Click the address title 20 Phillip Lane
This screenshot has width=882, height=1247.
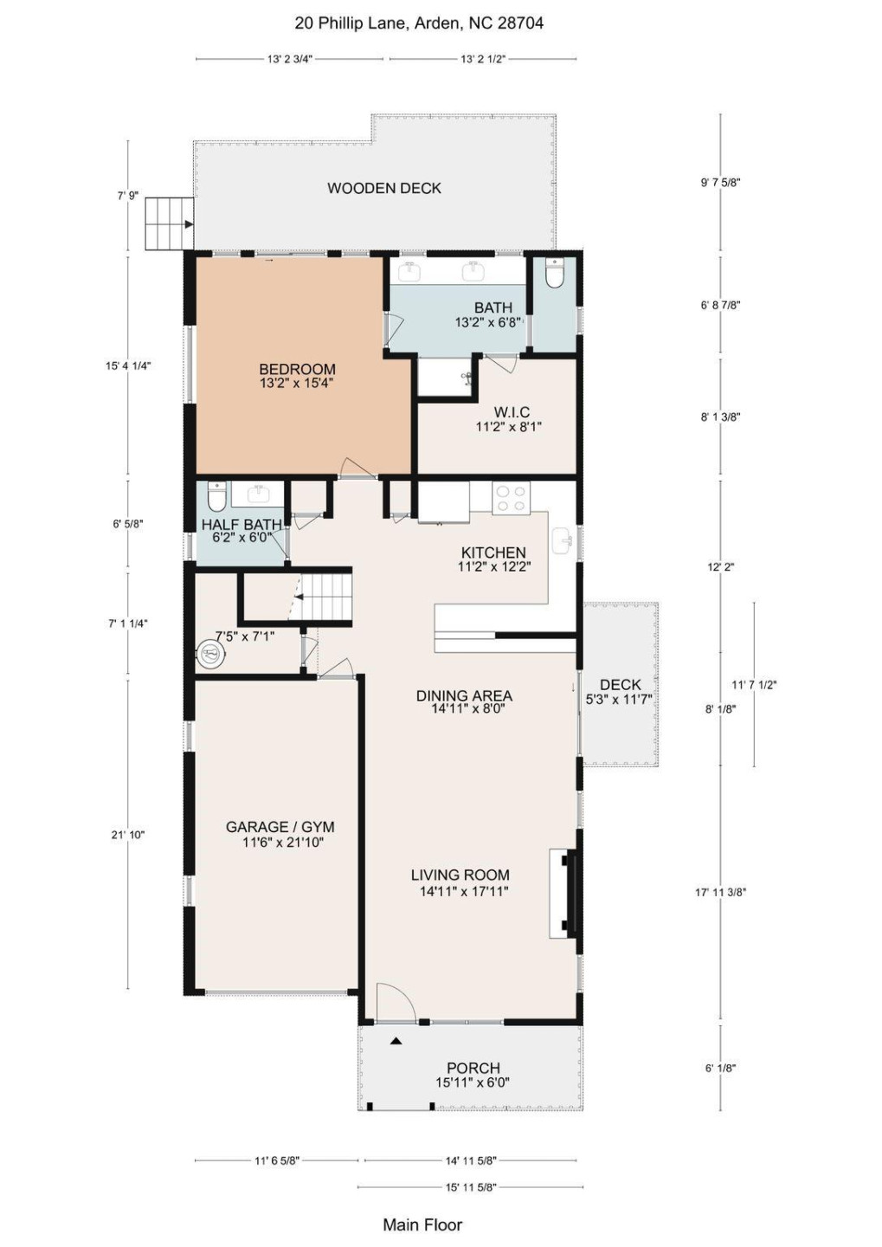419,23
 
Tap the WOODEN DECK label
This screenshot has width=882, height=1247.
384,188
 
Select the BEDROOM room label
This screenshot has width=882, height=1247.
297,370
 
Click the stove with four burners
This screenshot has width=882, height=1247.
510,498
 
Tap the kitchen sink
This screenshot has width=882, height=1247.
561,540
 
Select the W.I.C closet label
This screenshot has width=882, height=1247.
512,412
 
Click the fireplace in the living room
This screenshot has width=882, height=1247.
563,894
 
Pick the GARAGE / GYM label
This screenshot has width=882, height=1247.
280,827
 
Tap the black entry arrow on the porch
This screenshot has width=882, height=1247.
396,1041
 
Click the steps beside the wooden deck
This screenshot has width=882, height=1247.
168,223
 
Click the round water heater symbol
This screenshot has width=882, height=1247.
210,654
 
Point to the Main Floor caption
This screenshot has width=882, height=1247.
422,1224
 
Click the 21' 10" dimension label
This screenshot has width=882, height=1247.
128,835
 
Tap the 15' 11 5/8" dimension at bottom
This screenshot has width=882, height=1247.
471,1187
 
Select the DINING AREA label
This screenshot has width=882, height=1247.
464,695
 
